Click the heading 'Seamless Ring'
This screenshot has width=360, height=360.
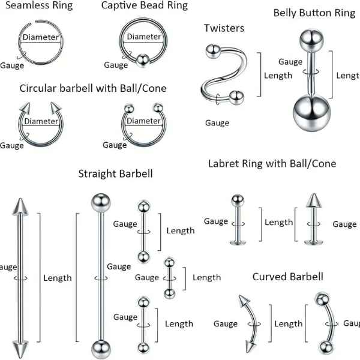[39, 6]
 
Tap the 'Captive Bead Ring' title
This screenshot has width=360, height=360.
[144, 6]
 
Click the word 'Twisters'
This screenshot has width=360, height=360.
[224, 28]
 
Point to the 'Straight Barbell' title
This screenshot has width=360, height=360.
[115, 173]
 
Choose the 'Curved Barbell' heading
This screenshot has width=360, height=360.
[287, 277]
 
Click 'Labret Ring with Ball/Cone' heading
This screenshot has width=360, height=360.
[272, 163]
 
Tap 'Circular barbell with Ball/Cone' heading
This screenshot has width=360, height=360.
[93, 88]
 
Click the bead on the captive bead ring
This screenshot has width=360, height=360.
[142, 60]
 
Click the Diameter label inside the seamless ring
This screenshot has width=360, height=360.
[41, 38]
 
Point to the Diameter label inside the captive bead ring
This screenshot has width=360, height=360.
[143, 37]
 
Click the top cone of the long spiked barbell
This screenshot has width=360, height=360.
[19, 207]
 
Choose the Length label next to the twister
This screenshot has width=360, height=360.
[278, 75]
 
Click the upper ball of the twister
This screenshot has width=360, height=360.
[211, 50]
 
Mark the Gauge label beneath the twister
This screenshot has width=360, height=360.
[217, 122]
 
